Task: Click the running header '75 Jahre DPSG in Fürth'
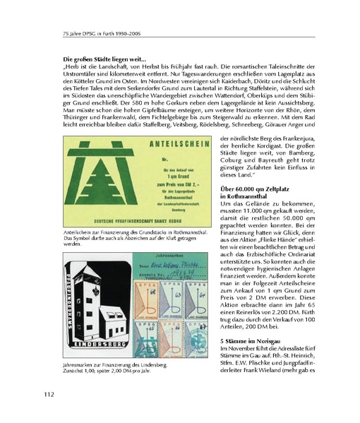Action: (92, 33)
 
